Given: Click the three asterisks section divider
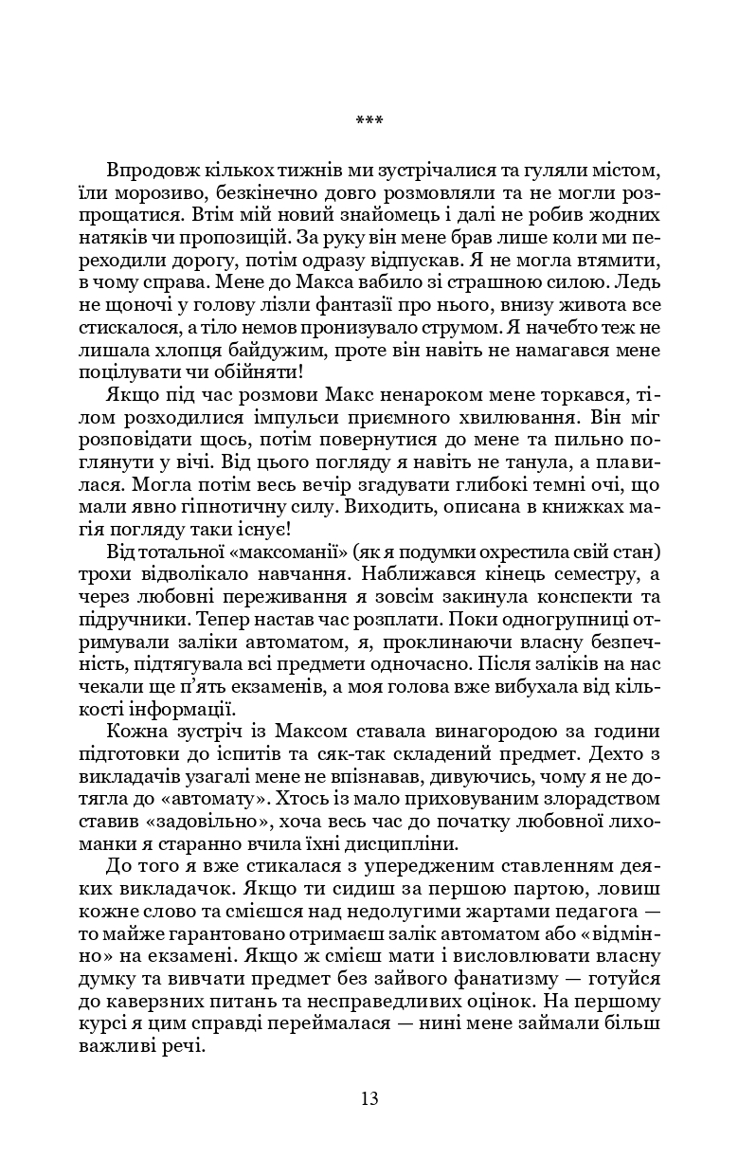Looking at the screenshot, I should pos(369,121).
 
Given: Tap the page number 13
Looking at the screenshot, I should pos(369,1099).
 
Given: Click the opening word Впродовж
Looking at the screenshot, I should pos(153,171).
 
